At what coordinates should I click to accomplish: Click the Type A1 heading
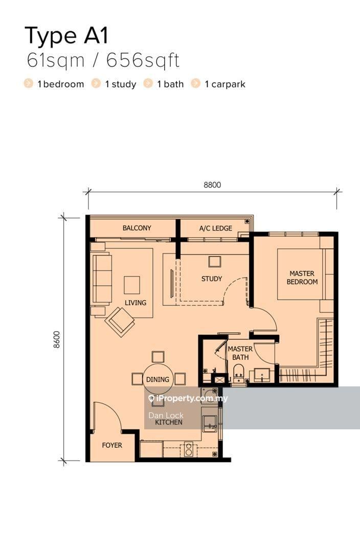point(66,36)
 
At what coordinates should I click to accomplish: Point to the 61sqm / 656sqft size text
point(103,60)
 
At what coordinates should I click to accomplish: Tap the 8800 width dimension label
point(212,185)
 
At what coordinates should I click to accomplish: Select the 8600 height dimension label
point(57,339)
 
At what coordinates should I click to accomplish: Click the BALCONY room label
point(137,228)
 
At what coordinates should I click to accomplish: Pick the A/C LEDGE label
point(216,228)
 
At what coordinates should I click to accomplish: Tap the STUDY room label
point(212,279)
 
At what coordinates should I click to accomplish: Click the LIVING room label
point(136,303)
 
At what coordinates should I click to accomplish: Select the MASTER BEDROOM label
point(302,278)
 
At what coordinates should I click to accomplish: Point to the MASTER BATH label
point(240,353)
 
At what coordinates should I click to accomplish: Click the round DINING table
point(158,379)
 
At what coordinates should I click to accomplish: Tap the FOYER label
point(112,445)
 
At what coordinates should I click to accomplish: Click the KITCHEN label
point(169,422)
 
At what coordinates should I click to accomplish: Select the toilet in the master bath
point(239,373)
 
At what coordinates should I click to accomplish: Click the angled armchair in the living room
point(120,321)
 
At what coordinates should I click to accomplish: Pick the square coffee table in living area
point(132,285)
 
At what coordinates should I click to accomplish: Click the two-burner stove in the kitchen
point(189,450)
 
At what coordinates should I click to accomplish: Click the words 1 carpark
point(224,84)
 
